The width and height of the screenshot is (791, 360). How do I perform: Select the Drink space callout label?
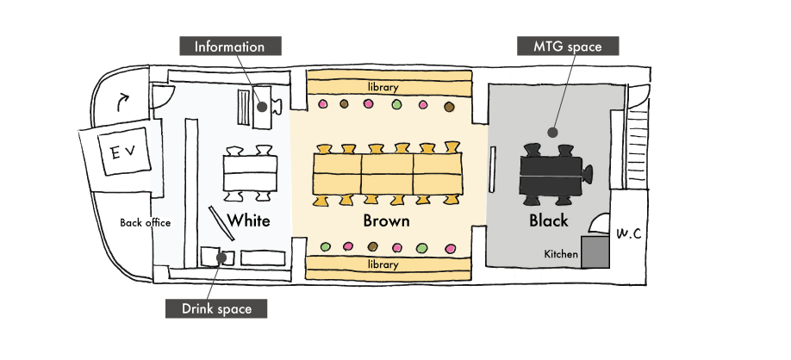(x=216, y=307)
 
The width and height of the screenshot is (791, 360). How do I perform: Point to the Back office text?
(x=145, y=222)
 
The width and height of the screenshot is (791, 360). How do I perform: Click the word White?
(x=250, y=220)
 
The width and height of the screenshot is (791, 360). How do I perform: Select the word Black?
(x=549, y=220)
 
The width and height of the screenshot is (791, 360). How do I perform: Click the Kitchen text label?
(x=559, y=254)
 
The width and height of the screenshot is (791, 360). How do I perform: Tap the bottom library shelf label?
(x=383, y=264)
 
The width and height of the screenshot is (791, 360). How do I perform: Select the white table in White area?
(x=250, y=173)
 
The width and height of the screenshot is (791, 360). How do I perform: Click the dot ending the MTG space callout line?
(x=552, y=133)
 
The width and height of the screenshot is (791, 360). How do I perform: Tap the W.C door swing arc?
(x=597, y=227)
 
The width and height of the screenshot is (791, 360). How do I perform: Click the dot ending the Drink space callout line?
(x=221, y=257)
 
